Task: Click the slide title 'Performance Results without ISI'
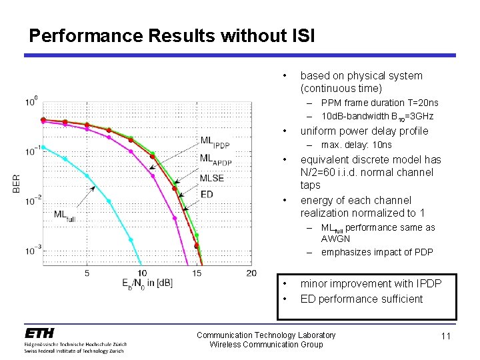coord(172,35)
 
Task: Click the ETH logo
coord(40,333)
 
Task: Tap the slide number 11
coord(445,336)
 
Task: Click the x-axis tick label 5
coord(87,273)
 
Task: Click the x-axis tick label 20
coord(251,273)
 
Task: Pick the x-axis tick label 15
coord(197,273)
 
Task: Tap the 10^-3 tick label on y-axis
coord(31,250)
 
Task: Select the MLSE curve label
coord(211,178)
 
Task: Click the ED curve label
coord(207,194)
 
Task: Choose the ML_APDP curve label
coord(215,160)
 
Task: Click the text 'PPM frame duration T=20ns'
coord(379,103)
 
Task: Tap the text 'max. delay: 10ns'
coord(356,145)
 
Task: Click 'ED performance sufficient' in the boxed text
coord(361,299)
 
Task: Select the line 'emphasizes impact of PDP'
coord(377,252)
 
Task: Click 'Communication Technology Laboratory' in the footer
coord(266,335)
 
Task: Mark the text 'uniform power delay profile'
coord(364,131)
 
